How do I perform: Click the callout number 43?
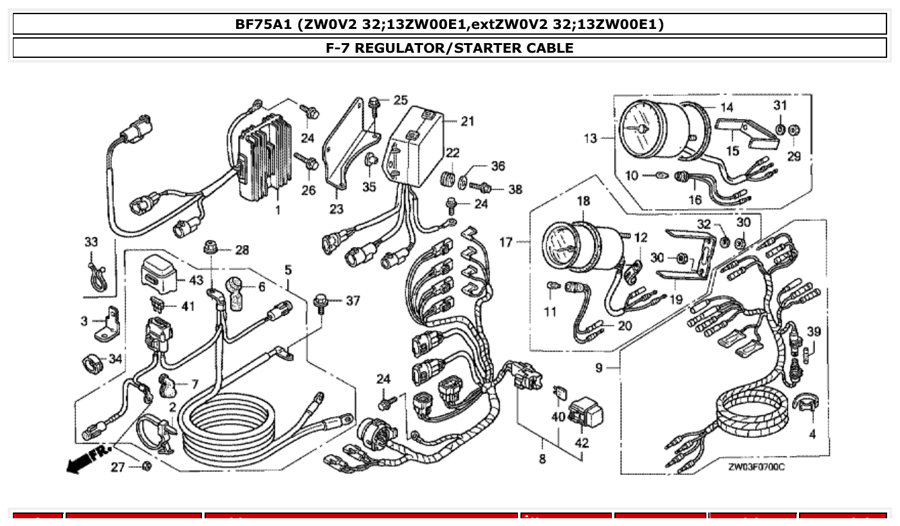(x=195, y=281)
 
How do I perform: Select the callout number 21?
(x=467, y=121)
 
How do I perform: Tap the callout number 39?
(x=814, y=332)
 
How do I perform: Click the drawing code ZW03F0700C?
(x=756, y=467)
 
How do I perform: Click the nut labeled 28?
(x=210, y=247)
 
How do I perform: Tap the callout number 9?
(x=598, y=368)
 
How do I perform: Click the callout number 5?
(x=288, y=268)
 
